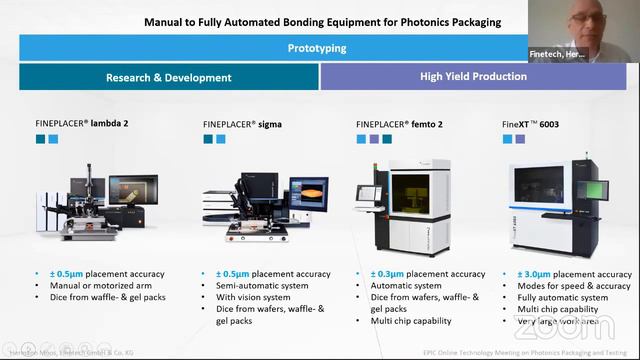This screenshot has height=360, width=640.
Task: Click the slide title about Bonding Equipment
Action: tap(322, 21)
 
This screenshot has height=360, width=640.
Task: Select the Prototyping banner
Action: tap(317, 47)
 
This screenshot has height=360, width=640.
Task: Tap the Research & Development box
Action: tap(168, 77)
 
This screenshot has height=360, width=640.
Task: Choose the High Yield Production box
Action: tap(474, 76)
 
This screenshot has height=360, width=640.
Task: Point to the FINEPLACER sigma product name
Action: tap(235, 124)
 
